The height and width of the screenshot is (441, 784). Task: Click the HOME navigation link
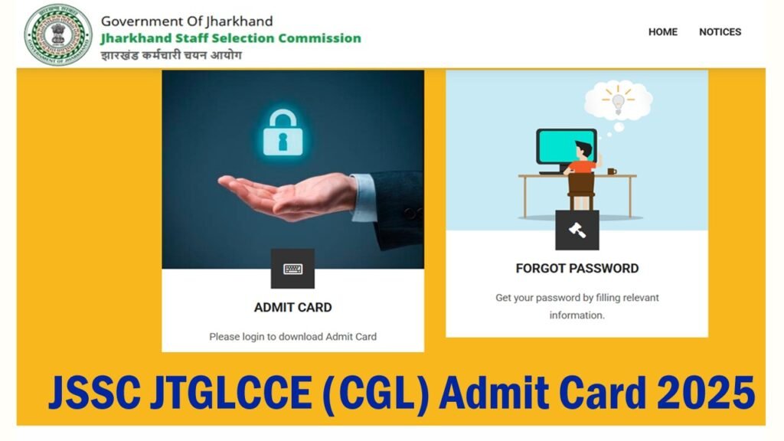click(662, 32)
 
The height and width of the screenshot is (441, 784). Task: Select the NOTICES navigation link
click(720, 32)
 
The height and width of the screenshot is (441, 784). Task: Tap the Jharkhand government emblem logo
click(58, 34)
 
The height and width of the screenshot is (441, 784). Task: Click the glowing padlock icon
click(283, 132)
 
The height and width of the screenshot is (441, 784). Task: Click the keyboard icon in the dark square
click(292, 269)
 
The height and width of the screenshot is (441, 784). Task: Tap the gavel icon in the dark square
click(577, 230)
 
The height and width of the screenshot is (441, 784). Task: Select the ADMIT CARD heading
click(293, 308)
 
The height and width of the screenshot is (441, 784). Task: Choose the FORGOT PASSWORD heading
click(577, 269)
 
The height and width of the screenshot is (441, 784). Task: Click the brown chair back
click(581, 183)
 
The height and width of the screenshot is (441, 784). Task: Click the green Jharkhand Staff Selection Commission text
click(230, 38)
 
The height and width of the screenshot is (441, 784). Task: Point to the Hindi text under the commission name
click(171, 55)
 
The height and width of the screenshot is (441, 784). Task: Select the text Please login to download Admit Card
click(293, 337)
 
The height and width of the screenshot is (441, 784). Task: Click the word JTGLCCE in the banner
click(230, 393)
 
